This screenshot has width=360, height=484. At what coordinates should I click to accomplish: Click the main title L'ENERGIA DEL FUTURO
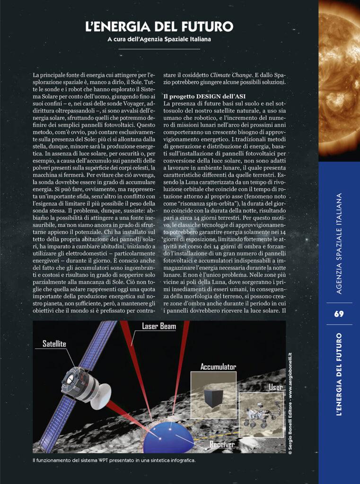pos(159,26)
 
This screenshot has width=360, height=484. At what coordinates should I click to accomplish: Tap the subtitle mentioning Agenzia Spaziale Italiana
pos(159,39)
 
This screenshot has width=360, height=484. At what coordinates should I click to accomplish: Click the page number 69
pos(339,314)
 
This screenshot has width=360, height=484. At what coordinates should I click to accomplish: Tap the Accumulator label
pos(218,367)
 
